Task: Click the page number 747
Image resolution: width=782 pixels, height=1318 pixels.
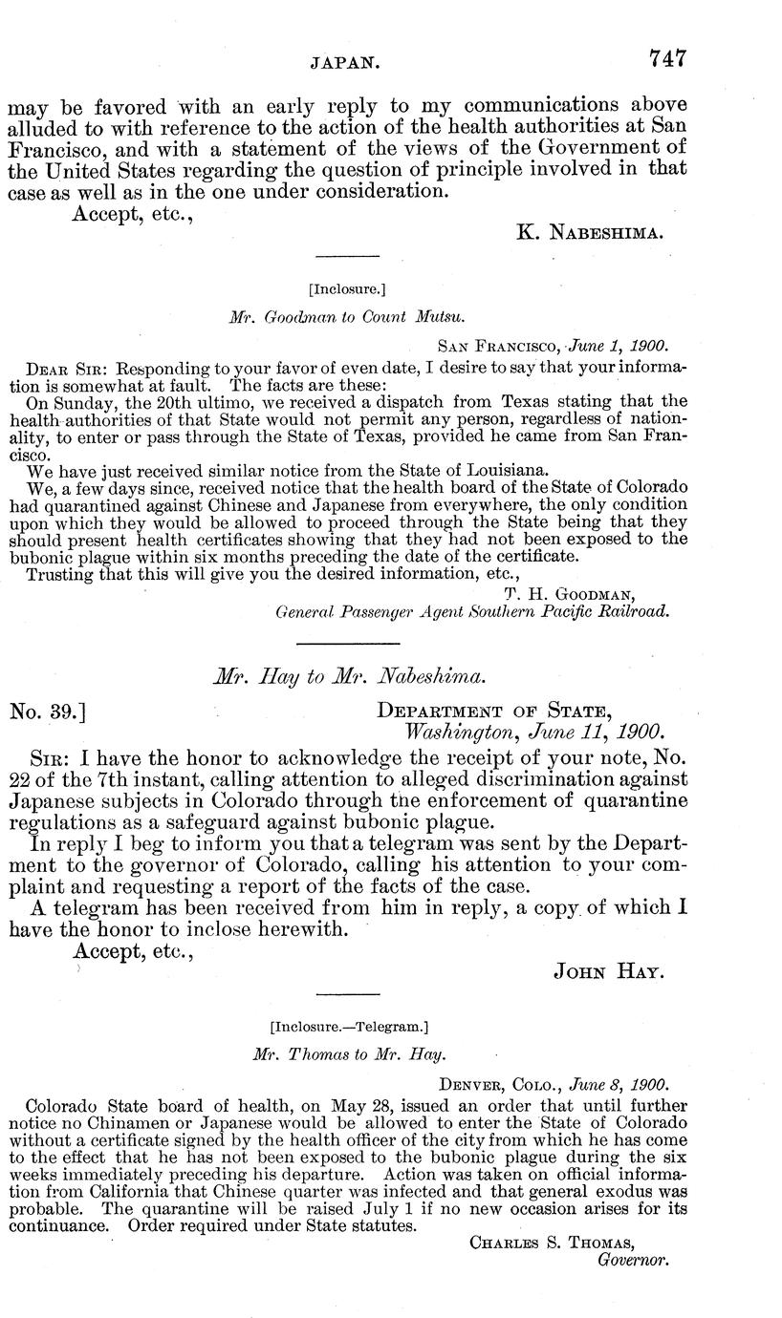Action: coord(666,58)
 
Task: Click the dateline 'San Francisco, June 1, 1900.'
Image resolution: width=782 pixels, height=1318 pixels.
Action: coord(553,346)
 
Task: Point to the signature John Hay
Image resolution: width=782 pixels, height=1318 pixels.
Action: coord(609,971)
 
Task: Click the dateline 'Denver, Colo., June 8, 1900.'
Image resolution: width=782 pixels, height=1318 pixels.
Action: coord(553,1085)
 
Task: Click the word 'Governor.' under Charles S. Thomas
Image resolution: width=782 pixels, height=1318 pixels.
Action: coord(631,1260)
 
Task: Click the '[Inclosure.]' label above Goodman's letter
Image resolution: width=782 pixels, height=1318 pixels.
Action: coord(347,288)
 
